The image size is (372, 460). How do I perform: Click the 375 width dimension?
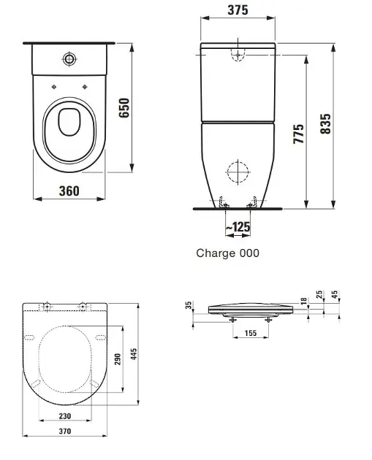coord(238,10)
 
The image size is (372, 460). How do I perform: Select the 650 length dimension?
coord(124,108)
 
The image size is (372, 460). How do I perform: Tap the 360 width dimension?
coord(69,191)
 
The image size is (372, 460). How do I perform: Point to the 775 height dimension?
coord(299,134)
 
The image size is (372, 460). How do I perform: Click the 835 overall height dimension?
coord(325,124)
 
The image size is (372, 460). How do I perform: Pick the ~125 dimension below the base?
coord(238,227)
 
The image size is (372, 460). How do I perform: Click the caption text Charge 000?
coord(227,253)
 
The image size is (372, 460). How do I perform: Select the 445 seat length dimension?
coord(134,354)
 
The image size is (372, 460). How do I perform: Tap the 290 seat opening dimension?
coord(118,359)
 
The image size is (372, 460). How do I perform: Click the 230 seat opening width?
coord(65,416)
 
